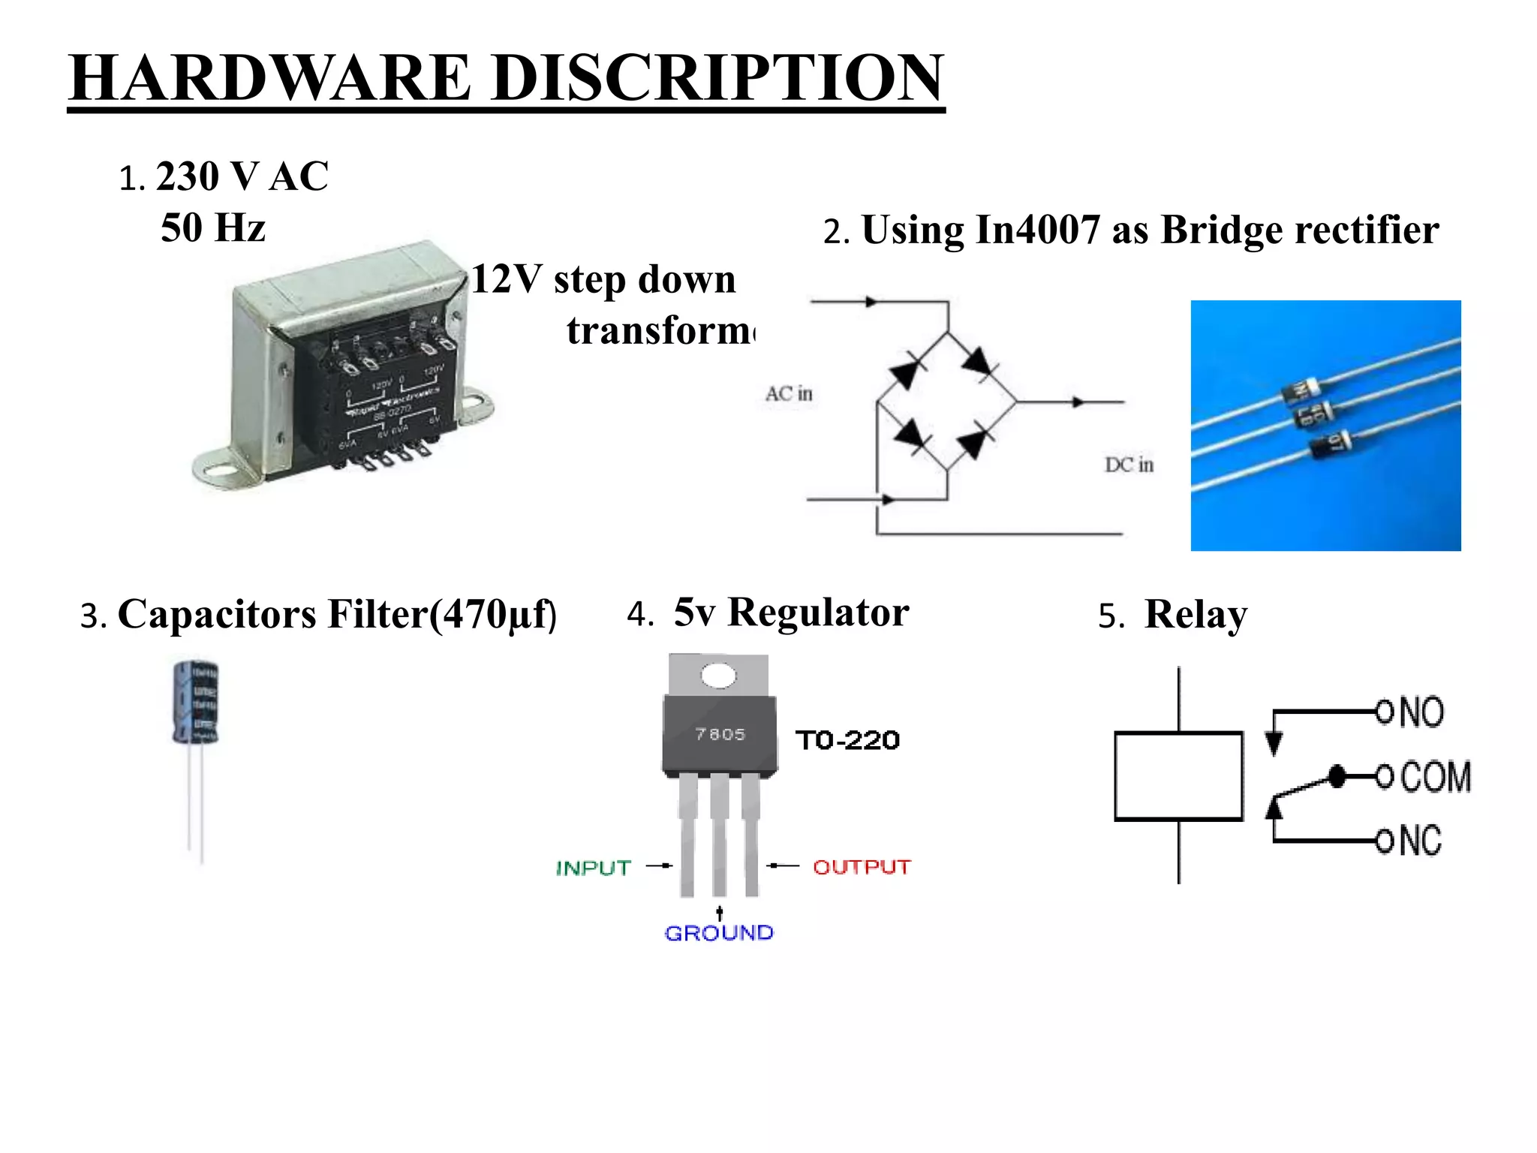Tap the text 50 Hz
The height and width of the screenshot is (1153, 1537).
tap(213, 228)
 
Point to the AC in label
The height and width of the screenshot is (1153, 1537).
tap(789, 394)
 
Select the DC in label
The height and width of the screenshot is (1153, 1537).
tap(1129, 465)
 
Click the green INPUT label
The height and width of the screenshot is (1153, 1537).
tap(594, 869)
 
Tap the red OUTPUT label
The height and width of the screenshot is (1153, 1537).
tap(862, 868)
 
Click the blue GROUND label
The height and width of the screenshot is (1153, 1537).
tap(719, 933)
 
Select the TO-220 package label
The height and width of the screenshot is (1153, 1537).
tap(848, 741)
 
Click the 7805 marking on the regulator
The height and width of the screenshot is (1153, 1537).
tap(720, 734)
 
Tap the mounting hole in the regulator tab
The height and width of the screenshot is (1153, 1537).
tap(719, 675)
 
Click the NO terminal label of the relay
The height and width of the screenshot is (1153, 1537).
tap(1421, 712)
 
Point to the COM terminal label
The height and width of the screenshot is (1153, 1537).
tap(1435, 776)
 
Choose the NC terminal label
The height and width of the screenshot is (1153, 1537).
tap(1420, 841)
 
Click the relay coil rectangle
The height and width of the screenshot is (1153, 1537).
tap(1178, 775)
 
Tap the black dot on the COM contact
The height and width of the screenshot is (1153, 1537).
tap(1337, 776)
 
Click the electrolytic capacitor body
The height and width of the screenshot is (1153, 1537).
tap(195, 703)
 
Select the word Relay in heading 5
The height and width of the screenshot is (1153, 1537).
tap(1196, 615)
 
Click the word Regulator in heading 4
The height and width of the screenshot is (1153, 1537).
tap(818, 613)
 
